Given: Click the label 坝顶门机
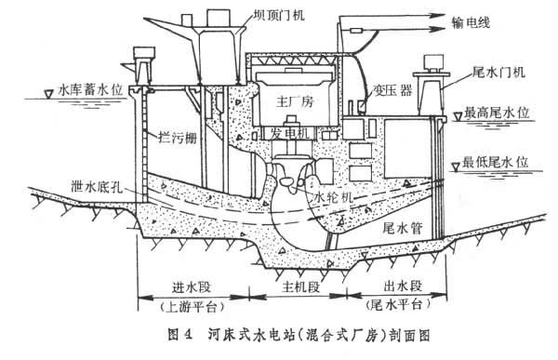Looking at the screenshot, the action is pyautogui.click(x=279, y=15).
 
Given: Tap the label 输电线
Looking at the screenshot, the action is pyautogui.click(x=471, y=22).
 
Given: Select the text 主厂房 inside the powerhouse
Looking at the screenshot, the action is pyautogui.click(x=296, y=102).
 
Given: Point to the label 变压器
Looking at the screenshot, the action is pyautogui.click(x=392, y=90).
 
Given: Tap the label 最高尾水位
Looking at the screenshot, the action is pyautogui.click(x=497, y=113).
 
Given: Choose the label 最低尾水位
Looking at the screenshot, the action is pyautogui.click(x=495, y=163).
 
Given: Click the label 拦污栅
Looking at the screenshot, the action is pyautogui.click(x=178, y=138).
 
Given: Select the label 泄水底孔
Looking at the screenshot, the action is pyautogui.click(x=97, y=186).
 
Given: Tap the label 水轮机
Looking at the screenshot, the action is pyautogui.click(x=334, y=196).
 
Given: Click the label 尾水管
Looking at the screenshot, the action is pyautogui.click(x=402, y=227).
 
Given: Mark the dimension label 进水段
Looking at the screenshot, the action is pyautogui.click(x=192, y=287).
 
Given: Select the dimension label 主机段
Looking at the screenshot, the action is pyautogui.click(x=300, y=287).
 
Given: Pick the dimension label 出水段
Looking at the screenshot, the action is pyautogui.click(x=403, y=286).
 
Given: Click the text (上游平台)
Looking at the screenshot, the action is pyautogui.click(x=193, y=306).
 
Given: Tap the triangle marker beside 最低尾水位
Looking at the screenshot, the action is pyautogui.click(x=455, y=167).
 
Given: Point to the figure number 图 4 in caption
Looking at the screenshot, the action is pyautogui.click(x=180, y=336).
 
